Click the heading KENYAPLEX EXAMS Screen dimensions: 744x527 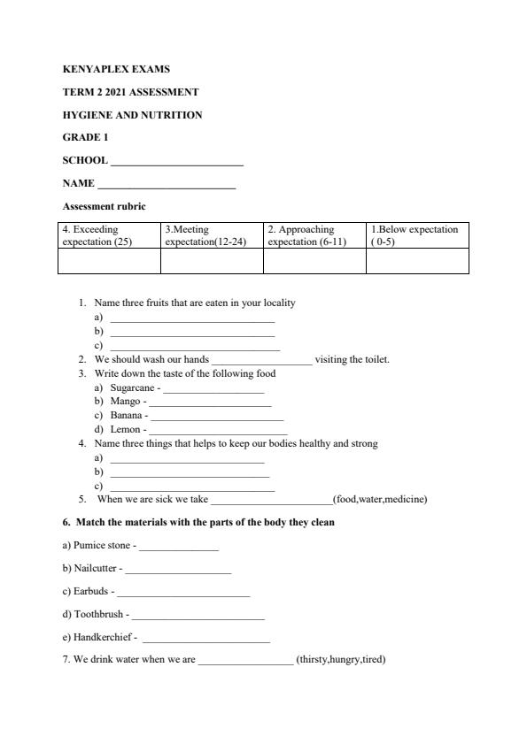pyautogui.click(x=116, y=69)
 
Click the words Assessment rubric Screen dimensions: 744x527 pyautogui.click(x=104, y=206)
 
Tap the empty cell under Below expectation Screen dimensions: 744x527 pyautogui.click(x=417, y=261)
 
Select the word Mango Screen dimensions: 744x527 pyautogui.click(x=125, y=402)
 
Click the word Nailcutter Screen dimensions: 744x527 pyautogui.click(x=89, y=570)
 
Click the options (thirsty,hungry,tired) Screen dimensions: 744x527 pyautogui.click(x=341, y=659)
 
